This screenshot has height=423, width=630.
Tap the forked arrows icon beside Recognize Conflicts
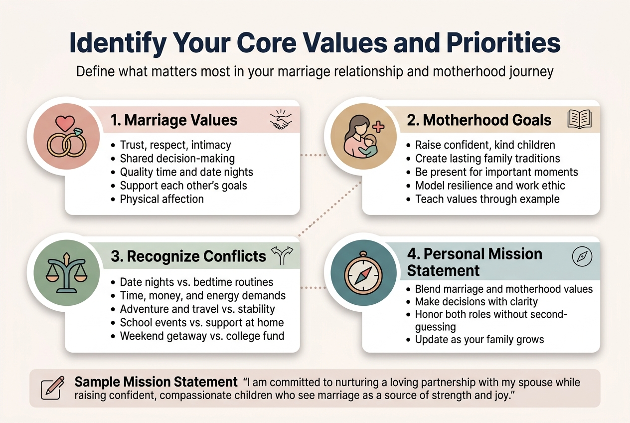point(282,255)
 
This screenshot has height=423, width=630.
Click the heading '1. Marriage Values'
point(173,120)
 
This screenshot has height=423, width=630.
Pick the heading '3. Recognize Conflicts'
point(189,256)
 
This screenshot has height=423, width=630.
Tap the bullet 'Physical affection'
point(161,199)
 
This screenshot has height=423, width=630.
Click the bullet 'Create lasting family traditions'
point(487,159)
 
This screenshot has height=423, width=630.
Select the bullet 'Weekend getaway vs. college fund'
point(202,336)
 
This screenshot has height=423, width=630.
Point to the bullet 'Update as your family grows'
point(479,340)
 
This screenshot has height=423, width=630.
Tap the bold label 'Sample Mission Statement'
point(156,382)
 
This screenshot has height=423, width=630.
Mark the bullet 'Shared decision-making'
point(177,159)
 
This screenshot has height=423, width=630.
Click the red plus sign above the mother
point(378,126)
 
